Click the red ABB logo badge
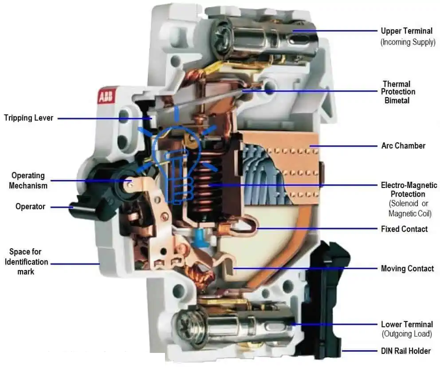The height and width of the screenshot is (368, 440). click(x=105, y=97)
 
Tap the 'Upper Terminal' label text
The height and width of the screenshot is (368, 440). click(x=406, y=31)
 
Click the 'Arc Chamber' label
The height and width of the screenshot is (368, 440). click(x=403, y=145)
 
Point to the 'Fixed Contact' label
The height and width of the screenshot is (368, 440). click(x=404, y=229)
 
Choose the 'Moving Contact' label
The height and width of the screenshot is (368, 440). click(x=407, y=268)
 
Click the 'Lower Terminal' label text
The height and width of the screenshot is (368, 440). click(x=407, y=324)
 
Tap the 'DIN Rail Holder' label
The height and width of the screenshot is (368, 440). click(x=406, y=351)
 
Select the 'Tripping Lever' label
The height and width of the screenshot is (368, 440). click(x=28, y=118)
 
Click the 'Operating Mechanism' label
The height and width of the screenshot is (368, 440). click(x=28, y=180)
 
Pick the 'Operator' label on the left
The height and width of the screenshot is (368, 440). click(x=30, y=207)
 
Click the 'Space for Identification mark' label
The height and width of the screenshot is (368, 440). click(x=26, y=262)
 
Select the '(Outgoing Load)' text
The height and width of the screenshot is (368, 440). click(x=406, y=334)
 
